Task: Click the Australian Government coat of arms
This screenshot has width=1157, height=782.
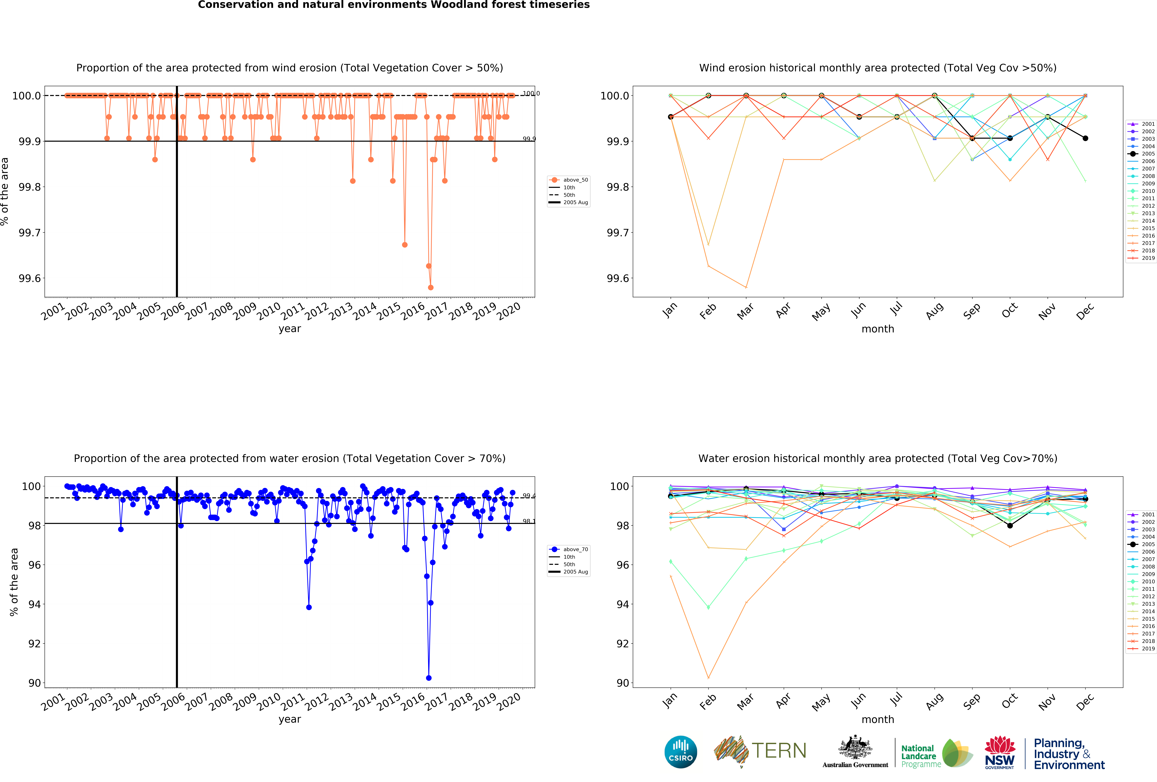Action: click(855, 747)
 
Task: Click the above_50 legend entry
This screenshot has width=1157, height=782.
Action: click(575, 180)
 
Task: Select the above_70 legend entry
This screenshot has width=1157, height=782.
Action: click(575, 549)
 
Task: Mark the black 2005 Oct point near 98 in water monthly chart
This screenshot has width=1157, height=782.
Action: click(1010, 525)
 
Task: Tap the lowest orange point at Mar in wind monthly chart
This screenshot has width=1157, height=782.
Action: click(746, 287)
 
